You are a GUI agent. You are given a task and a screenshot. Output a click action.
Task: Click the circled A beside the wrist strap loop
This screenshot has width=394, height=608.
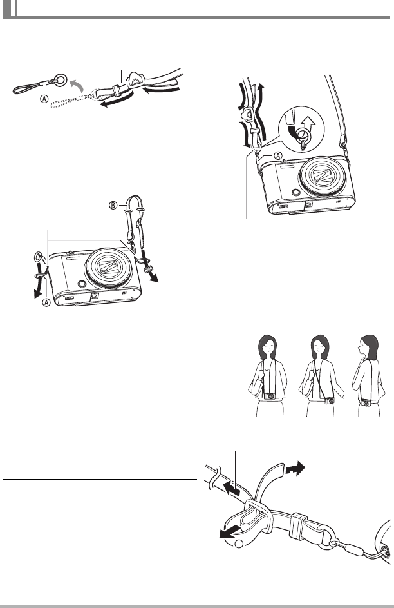44,99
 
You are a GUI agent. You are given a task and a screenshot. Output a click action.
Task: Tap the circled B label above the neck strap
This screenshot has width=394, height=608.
113,205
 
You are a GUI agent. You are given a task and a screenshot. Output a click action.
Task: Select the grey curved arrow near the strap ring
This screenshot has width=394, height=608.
76,84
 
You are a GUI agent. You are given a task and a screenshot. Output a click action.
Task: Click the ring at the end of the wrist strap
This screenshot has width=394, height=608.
60,79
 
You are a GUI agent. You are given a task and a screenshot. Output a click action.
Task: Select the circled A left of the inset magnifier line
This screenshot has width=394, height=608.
278,155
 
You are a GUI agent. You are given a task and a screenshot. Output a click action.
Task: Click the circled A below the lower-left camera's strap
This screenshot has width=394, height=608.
46,302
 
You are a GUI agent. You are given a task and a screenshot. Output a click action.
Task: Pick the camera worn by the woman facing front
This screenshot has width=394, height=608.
271,396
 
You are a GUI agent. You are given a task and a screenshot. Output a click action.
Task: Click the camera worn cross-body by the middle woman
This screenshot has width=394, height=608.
330,400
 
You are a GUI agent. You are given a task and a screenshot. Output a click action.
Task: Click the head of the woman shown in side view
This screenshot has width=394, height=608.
368,347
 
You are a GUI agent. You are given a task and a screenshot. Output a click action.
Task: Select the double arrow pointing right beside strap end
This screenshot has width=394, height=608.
295,468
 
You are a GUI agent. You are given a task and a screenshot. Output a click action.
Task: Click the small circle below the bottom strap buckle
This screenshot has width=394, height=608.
239,544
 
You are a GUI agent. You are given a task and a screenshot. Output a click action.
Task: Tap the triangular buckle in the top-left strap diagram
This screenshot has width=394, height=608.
135,80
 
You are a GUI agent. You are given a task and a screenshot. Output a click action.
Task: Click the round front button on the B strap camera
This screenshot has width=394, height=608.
82,284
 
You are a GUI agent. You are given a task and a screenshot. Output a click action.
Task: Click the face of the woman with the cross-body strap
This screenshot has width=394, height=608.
319,345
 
